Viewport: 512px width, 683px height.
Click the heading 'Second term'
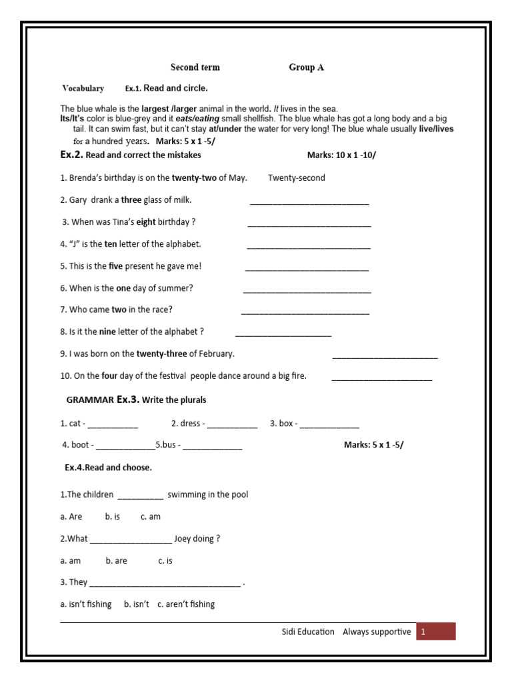point(195,67)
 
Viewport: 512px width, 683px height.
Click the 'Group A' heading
point(306,67)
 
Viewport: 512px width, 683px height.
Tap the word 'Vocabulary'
point(83,88)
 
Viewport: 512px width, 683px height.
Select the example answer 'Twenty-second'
point(297,177)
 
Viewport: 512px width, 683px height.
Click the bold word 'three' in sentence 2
point(131,199)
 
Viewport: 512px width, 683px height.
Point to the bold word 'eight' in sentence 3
point(146,221)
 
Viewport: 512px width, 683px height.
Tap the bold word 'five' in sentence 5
point(116,266)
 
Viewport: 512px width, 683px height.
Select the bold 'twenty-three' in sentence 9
point(162,354)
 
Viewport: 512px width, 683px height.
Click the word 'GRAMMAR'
point(90,400)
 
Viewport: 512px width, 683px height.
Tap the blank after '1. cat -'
point(113,426)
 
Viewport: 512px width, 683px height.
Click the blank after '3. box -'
point(329,426)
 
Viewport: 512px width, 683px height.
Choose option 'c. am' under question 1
point(151,516)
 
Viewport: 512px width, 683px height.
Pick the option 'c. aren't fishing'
point(186,604)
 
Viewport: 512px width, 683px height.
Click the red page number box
point(436,632)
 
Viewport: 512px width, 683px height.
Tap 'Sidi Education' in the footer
point(308,632)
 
